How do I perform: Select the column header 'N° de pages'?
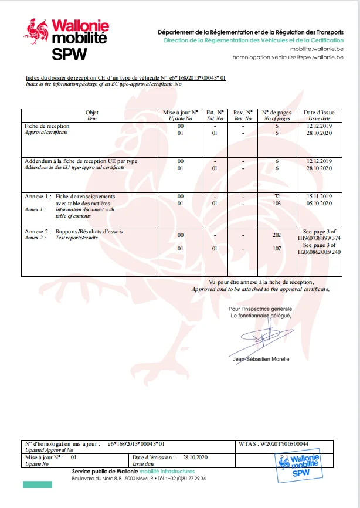pos(276,115)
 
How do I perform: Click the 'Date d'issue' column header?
pos(318,115)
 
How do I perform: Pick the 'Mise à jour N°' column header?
pos(181,115)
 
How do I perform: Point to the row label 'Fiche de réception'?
pos(47,126)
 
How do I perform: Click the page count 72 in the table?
pos(277,196)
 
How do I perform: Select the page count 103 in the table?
pos(277,203)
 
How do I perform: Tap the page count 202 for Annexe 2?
pos(277,235)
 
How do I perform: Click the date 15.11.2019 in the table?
pos(319,196)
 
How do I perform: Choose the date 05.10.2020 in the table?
pos(319,203)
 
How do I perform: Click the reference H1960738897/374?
pos(318,239)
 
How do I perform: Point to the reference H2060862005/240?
pos(318,252)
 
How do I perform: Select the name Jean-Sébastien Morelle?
pos(261,359)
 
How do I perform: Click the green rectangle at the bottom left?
pos(37,485)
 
